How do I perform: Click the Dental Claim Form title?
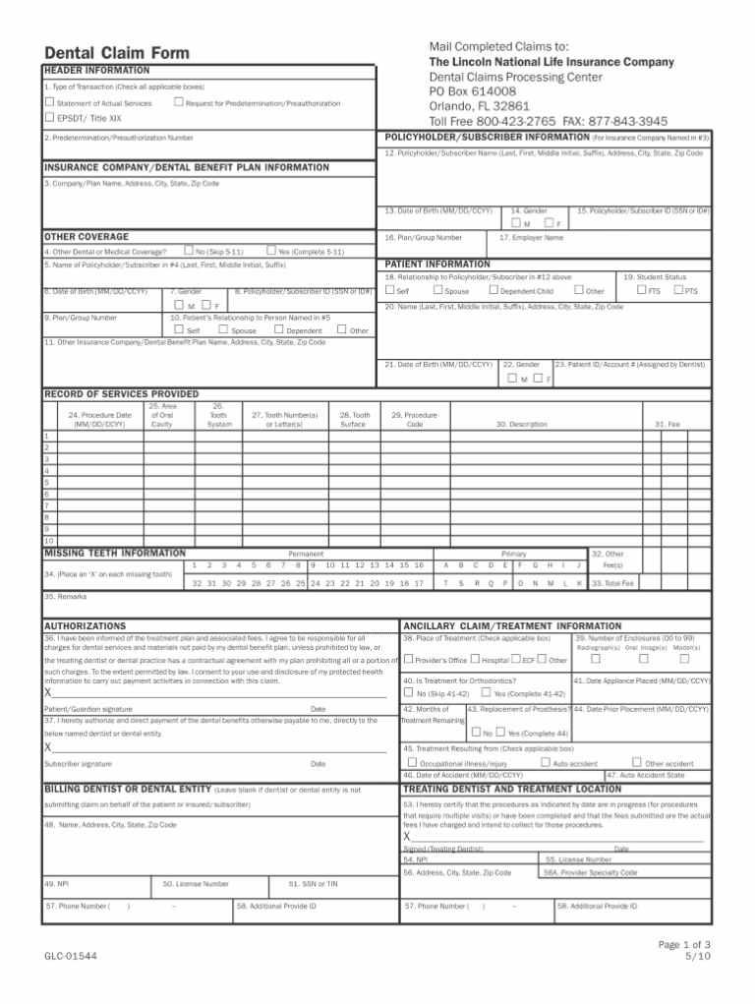[x=116, y=53]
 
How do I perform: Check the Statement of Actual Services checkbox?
[x=50, y=102]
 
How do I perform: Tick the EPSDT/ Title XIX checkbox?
[x=50, y=118]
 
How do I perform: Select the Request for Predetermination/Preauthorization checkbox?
[x=178, y=102]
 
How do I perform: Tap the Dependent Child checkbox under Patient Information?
[x=494, y=291]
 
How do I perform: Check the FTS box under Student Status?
[x=642, y=291]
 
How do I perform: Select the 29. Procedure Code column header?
[x=414, y=420]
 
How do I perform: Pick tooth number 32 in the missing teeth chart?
[x=198, y=583]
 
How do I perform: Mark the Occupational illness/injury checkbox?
[x=413, y=762]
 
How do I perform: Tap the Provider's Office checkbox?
[x=408, y=660]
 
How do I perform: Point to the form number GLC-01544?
[x=70, y=956]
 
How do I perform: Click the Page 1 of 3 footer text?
[x=684, y=945]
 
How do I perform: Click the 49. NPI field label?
[x=56, y=883]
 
